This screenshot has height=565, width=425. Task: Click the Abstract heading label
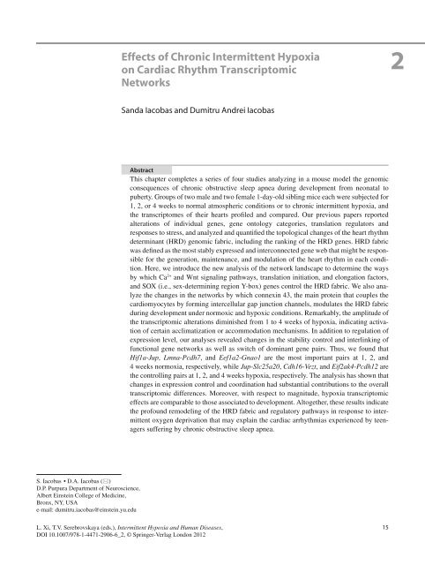coord(145,167)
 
